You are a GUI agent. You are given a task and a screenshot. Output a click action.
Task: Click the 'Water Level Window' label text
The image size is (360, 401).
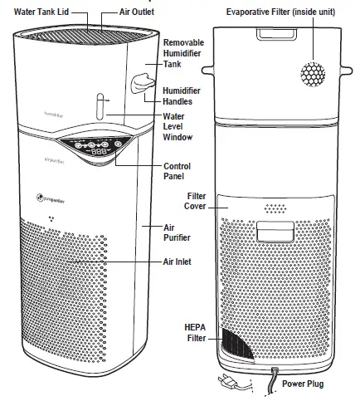point(175,129)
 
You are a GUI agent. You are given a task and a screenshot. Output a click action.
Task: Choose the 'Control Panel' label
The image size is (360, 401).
point(178,172)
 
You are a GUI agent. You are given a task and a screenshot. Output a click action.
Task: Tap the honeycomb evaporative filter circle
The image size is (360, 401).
point(315,74)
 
